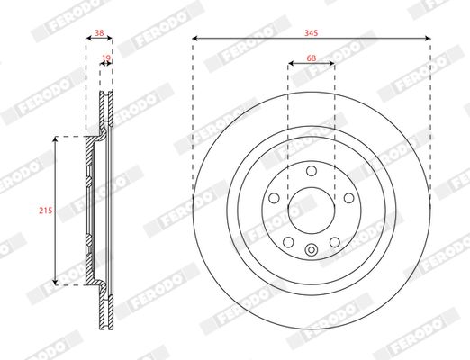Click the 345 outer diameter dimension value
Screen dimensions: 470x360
click(x=311, y=33)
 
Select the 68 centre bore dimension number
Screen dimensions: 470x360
click(x=312, y=58)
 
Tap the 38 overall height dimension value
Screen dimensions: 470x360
click(x=99, y=32)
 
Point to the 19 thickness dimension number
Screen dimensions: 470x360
click(x=106, y=58)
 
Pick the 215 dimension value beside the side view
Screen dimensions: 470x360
click(x=46, y=211)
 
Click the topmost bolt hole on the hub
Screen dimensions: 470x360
click(x=312, y=171)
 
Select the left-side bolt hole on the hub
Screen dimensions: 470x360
click(x=274, y=198)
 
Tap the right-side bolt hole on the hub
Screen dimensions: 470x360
click(x=348, y=198)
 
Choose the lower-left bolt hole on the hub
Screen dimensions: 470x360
click(x=288, y=242)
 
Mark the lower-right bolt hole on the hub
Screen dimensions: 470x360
click(x=334, y=242)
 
